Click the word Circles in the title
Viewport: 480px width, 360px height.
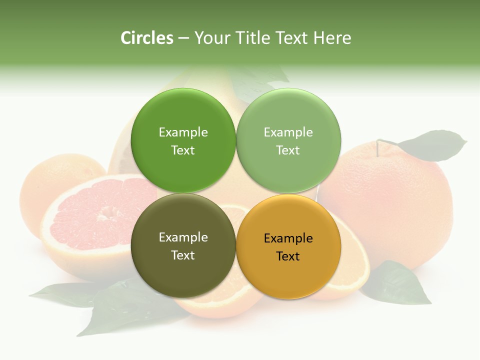coord(146,38)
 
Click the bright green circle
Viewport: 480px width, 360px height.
coord(183,140)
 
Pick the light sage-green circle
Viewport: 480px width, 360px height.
coord(288,140)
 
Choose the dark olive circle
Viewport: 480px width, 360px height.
coord(183,245)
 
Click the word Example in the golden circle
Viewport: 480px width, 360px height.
coord(288,238)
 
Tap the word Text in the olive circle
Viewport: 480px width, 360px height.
coord(183,255)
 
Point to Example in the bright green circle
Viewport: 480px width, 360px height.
coord(183,132)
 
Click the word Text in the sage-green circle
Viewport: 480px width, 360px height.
coord(288,150)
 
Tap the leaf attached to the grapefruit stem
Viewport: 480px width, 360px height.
coord(432,145)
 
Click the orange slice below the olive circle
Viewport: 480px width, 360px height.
coord(220,300)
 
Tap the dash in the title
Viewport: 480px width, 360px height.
coord(183,38)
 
